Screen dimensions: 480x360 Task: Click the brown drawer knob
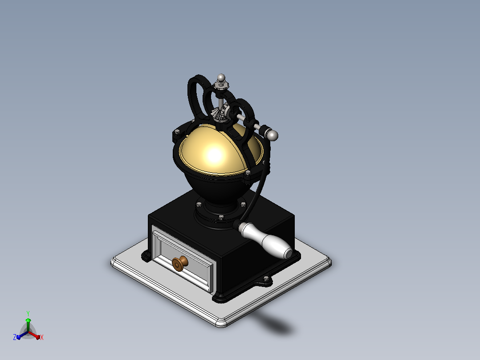(x=180, y=263)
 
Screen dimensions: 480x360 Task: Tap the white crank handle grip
(x=265, y=241)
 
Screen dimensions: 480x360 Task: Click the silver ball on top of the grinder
(x=221, y=78)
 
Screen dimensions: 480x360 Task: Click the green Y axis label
(x=28, y=314)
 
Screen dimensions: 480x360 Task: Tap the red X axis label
(x=42, y=337)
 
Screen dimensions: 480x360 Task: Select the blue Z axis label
(x=15, y=337)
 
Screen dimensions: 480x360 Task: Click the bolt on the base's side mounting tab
(x=266, y=278)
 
